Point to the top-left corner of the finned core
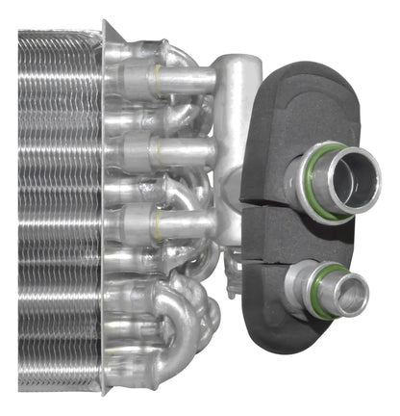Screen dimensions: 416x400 click(21, 34)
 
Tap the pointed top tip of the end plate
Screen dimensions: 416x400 click(105, 21)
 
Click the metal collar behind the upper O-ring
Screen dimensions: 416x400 click(294, 178)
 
